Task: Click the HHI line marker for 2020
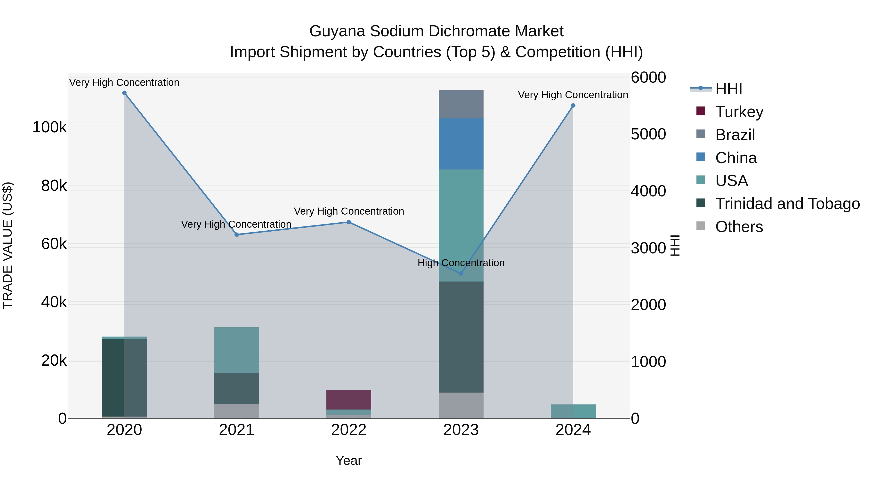pyautogui.click(x=124, y=93)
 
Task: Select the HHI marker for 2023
pyautogui.click(x=461, y=274)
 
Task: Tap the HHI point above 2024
pyautogui.click(x=573, y=106)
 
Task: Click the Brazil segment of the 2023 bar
pyautogui.click(x=461, y=104)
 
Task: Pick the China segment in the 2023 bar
pyautogui.click(x=461, y=144)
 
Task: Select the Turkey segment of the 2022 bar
pyautogui.click(x=349, y=400)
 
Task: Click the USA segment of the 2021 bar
pyautogui.click(x=236, y=350)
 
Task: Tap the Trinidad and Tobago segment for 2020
pyautogui.click(x=124, y=378)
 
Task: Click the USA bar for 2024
pyautogui.click(x=573, y=411)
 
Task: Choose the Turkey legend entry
pyautogui.click(x=739, y=112)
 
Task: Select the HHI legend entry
pyautogui.click(x=729, y=89)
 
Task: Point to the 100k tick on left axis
pyautogui.click(x=49, y=128)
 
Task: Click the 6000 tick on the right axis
pyautogui.click(x=648, y=78)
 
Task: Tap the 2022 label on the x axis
pyautogui.click(x=349, y=430)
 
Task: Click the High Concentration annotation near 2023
pyautogui.click(x=461, y=263)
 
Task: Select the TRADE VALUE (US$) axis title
pyautogui.click(x=8, y=245)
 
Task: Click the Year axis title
pyautogui.click(x=349, y=460)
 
